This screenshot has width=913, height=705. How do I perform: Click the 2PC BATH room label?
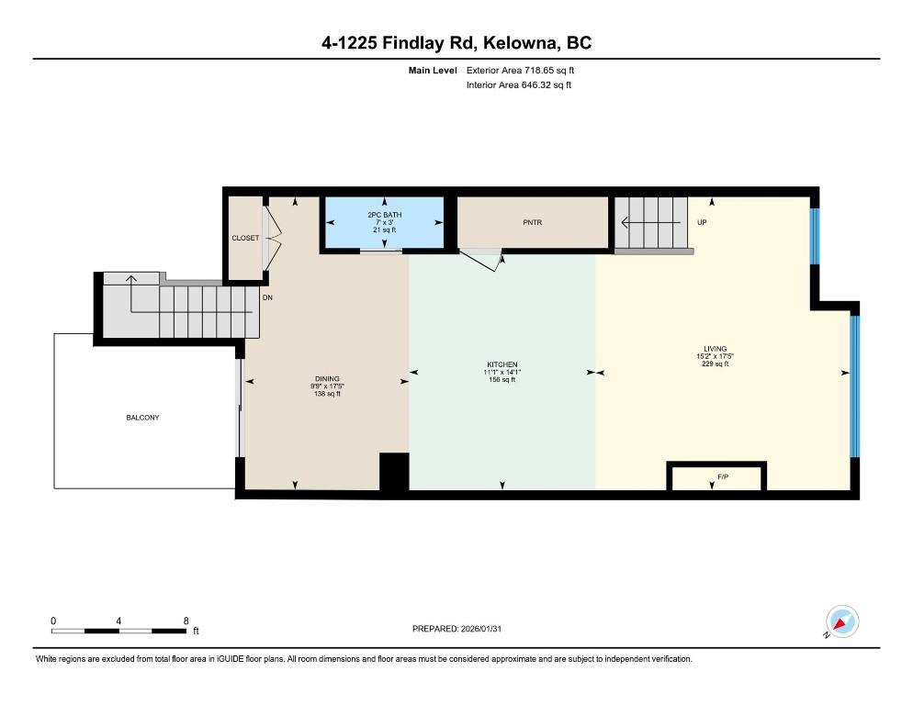(x=384, y=215)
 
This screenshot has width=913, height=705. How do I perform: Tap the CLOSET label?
(x=245, y=238)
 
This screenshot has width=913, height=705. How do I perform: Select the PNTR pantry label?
(x=532, y=222)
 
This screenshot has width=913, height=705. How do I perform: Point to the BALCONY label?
(x=142, y=418)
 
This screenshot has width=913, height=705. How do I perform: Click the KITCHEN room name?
(x=502, y=364)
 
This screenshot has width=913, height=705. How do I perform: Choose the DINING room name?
(x=327, y=378)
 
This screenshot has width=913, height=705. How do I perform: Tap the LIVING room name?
(x=715, y=349)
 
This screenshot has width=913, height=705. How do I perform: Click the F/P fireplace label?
(x=723, y=476)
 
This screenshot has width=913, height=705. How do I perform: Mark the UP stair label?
(x=702, y=222)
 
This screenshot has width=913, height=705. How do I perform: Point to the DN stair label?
(x=267, y=297)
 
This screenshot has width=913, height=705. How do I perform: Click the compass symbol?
(x=842, y=621)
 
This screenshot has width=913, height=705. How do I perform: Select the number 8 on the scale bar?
(x=186, y=621)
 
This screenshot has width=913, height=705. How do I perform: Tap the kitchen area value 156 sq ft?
(x=502, y=379)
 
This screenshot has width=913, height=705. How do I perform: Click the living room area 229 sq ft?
(x=715, y=364)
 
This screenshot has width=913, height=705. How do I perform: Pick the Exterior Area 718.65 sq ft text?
(x=520, y=71)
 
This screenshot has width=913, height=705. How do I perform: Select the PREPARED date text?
(x=456, y=629)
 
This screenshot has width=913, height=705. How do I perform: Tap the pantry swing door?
(x=479, y=260)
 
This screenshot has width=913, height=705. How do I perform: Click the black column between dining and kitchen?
(x=394, y=471)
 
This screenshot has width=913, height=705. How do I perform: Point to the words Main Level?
(x=433, y=71)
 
